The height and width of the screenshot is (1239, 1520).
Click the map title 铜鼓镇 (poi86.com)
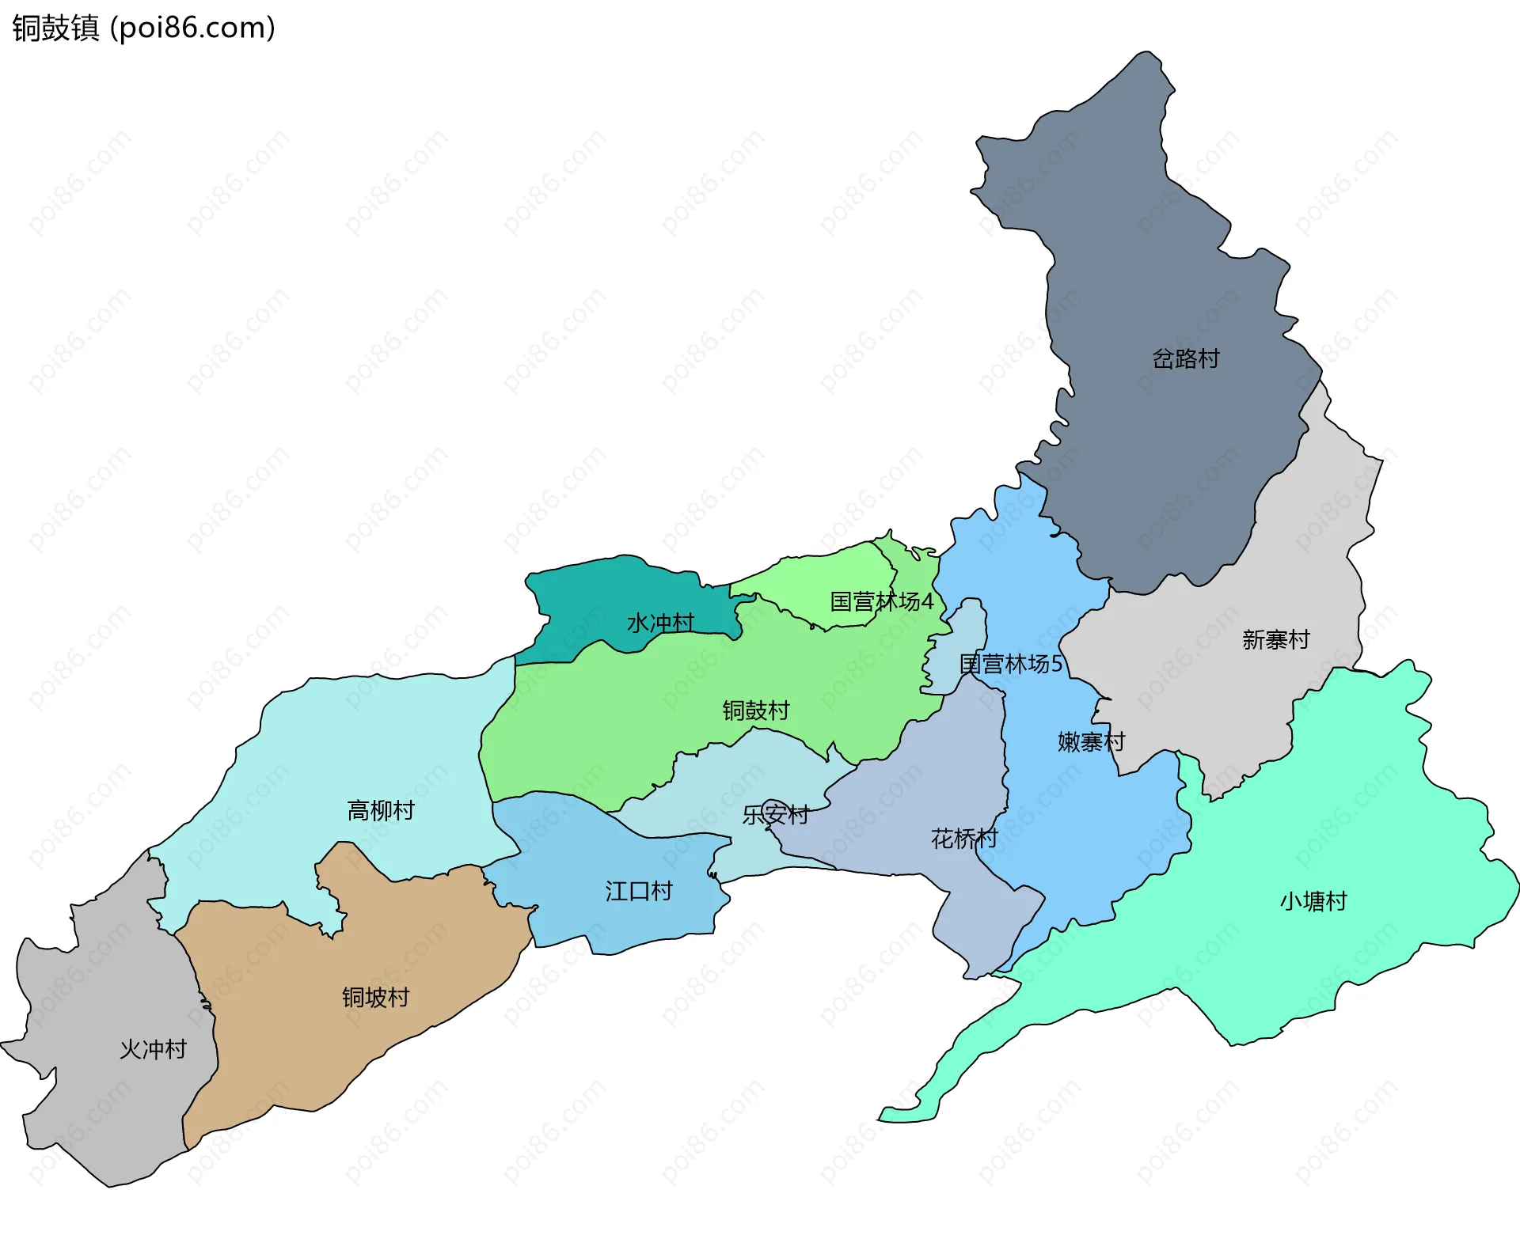pyautogui.click(x=143, y=28)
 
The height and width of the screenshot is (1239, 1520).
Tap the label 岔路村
pyautogui.click(x=1185, y=359)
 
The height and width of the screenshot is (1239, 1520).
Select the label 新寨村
pyautogui.click(x=1275, y=639)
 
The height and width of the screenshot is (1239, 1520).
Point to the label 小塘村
pyautogui.click(x=1313, y=901)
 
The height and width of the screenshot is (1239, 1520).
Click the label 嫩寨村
pyautogui.click(x=1091, y=742)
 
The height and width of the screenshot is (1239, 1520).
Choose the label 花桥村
pyautogui.click(x=963, y=839)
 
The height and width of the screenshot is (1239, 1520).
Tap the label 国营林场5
pyautogui.click(x=1010, y=664)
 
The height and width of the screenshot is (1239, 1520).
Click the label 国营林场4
pyautogui.click(x=881, y=602)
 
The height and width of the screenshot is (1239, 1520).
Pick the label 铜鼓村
pyautogui.click(x=755, y=710)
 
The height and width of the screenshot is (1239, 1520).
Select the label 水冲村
pyautogui.click(x=660, y=623)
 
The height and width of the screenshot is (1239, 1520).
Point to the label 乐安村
pyautogui.click(x=776, y=815)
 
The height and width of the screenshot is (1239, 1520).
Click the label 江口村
pyautogui.click(x=638, y=892)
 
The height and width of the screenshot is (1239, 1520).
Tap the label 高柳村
pyautogui.click(x=381, y=811)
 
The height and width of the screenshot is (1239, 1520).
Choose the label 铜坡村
pyautogui.click(x=375, y=998)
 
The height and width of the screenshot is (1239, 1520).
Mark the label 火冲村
pyautogui.click(x=153, y=1050)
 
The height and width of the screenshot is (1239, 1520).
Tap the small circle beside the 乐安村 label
pyautogui.click(x=772, y=809)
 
